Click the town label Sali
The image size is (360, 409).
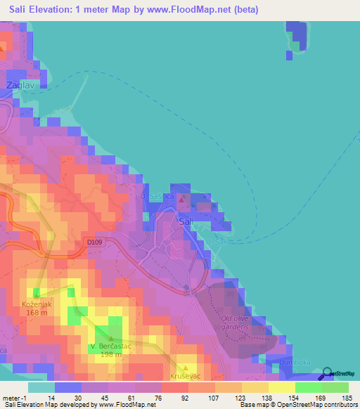point(186,221)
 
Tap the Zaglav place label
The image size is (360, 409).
point(18,85)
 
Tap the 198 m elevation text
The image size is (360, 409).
point(111,355)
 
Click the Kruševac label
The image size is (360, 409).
point(185,377)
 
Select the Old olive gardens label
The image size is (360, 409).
point(235,323)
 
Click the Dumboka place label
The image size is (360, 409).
point(295,362)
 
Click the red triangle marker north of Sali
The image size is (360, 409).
point(182,201)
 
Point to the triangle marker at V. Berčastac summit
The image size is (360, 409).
point(110,339)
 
